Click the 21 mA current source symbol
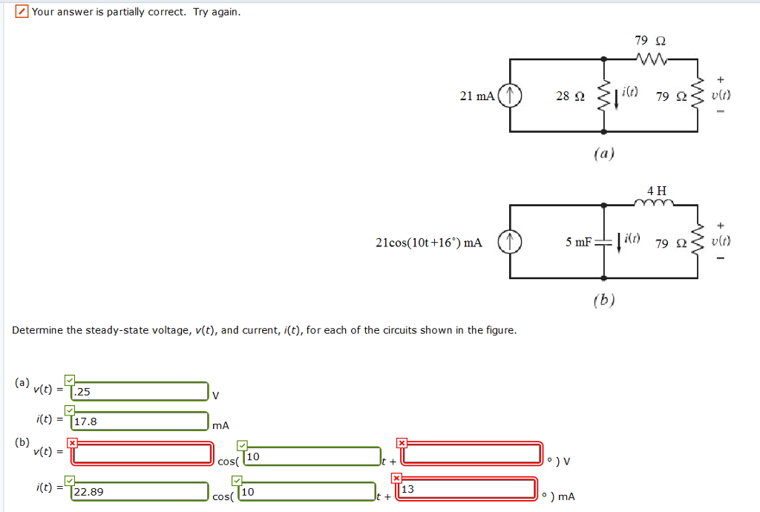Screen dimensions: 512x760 (x=510, y=96)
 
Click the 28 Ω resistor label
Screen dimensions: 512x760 (x=570, y=96)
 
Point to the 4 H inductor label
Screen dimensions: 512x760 (x=657, y=191)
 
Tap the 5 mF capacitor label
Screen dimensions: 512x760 (x=578, y=242)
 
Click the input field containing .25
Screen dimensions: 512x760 (x=140, y=391)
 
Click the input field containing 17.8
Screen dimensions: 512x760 (x=140, y=421)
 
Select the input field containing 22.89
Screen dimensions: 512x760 (x=140, y=490)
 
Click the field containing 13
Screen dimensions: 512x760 (x=467, y=489)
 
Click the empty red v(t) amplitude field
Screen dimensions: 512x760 (x=142, y=453)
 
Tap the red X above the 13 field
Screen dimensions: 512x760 (x=396, y=478)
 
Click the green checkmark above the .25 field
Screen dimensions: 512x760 (x=70, y=380)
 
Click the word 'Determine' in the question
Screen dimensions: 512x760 (x=37, y=330)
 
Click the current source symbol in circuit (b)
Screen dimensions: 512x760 (x=510, y=242)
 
